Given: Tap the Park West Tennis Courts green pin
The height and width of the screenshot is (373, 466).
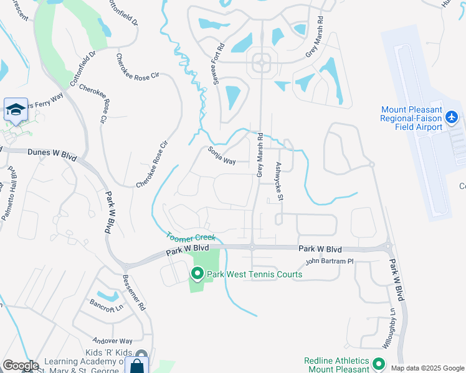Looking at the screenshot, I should click(x=197, y=273).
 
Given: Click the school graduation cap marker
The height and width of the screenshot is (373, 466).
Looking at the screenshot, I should click(x=16, y=110).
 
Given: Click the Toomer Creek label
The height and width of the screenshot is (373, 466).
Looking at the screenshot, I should click(x=191, y=237).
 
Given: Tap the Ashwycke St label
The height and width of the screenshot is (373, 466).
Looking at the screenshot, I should click(x=280, y=182).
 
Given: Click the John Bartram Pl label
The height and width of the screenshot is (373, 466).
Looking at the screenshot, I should click(x=330, y=261).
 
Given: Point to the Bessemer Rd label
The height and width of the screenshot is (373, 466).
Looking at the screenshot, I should click(x=134, y=293).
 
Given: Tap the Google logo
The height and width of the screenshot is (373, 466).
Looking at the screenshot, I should click(x=21, y=366).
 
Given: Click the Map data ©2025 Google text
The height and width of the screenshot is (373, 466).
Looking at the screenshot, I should click(x=427, y=368).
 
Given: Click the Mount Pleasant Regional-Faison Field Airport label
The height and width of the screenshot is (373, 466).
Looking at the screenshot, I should click(x=412, y=118).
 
